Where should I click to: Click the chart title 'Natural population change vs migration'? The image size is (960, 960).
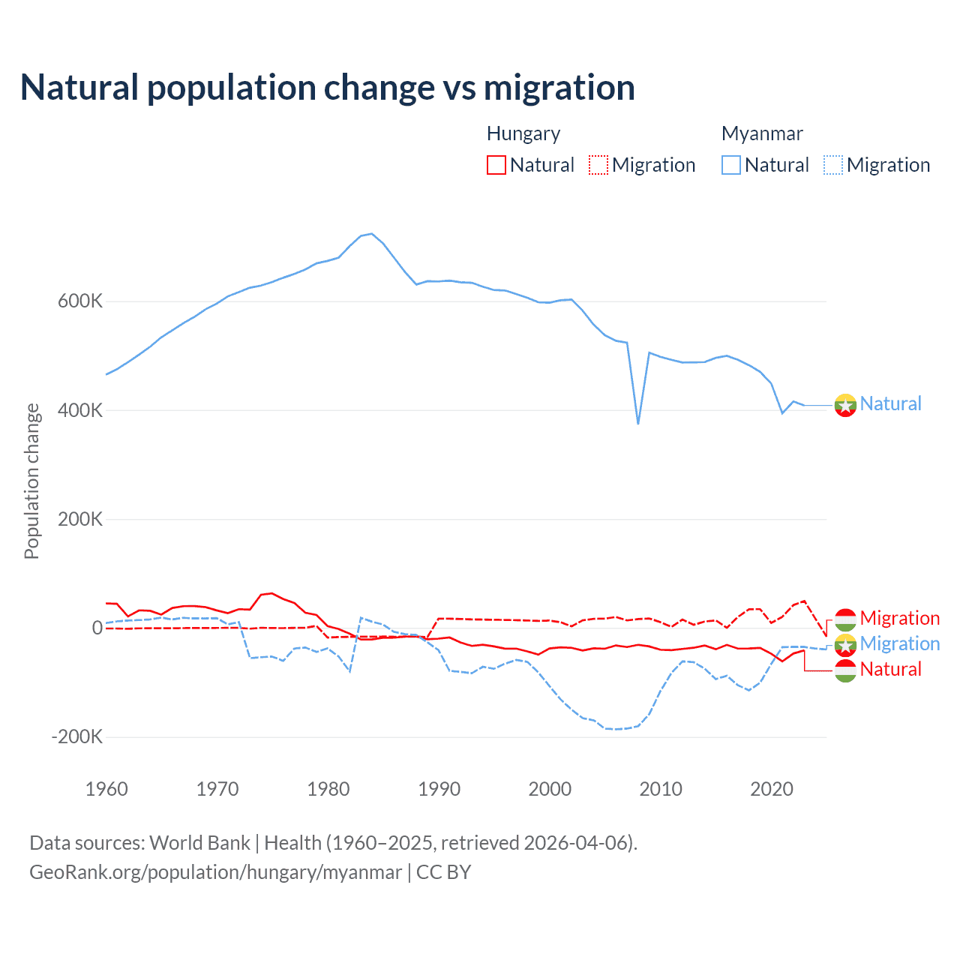[x=328, y=88]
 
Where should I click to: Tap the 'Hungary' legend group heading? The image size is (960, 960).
[x=523, y=133]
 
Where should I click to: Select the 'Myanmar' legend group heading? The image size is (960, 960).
[x=762, y=133]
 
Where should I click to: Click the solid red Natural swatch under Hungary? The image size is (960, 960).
[x=496, y=165]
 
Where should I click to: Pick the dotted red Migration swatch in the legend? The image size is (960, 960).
[x=598, y=165]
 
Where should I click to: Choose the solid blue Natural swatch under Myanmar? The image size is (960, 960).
[x=731, y=165]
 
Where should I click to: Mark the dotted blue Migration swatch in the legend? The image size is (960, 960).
[x=833, y=165]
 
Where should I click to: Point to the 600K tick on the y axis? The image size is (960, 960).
[x=80, y=301]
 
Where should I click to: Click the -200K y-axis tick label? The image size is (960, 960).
[x=77, y=736]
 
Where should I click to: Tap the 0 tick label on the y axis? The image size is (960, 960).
[x=97, y=628]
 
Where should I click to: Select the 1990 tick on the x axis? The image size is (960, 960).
[x=439, y=789]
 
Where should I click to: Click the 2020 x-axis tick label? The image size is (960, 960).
[x=772, y=789]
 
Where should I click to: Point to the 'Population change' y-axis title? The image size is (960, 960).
[x=31, y=481]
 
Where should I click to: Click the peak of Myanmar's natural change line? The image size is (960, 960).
[x=371, y=234]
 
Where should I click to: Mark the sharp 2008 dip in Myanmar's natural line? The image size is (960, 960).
[x=638, y=423]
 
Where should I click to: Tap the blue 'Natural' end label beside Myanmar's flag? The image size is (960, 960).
[x=890, y=403]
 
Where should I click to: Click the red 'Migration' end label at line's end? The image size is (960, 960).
[x=899, y=618]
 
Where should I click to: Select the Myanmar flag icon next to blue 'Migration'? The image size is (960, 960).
[x=845, y=644]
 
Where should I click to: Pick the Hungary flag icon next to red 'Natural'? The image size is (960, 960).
[x=845, y=670]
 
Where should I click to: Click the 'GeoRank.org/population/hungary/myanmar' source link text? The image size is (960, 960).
[x=216, y=872]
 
